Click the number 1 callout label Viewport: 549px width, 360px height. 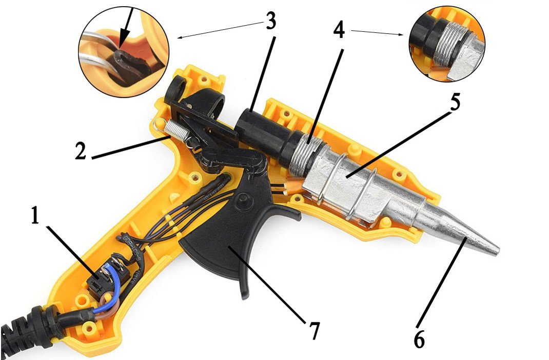pyautogui.click(x=35, y=215)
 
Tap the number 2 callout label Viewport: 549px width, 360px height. pyautogui.click(x=81, y=151)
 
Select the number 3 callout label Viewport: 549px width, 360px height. pyautogui.click(x=269, y=22)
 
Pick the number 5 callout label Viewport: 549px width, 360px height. pyautogui.click(x=454, y=102)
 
